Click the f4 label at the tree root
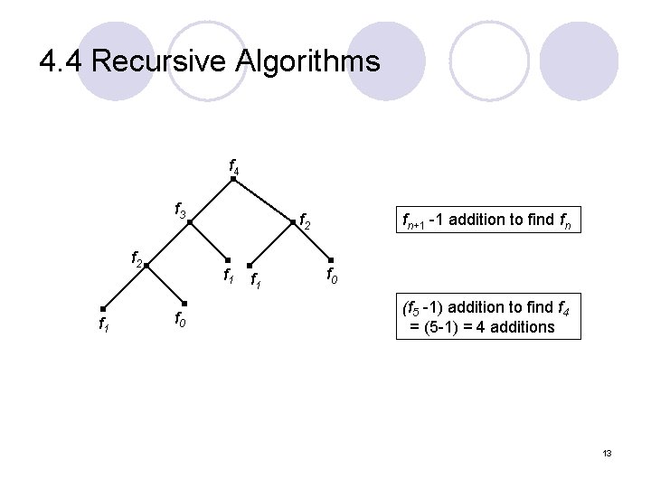(232, 166)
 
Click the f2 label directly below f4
(306, 220)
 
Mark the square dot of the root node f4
(232, 179)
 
